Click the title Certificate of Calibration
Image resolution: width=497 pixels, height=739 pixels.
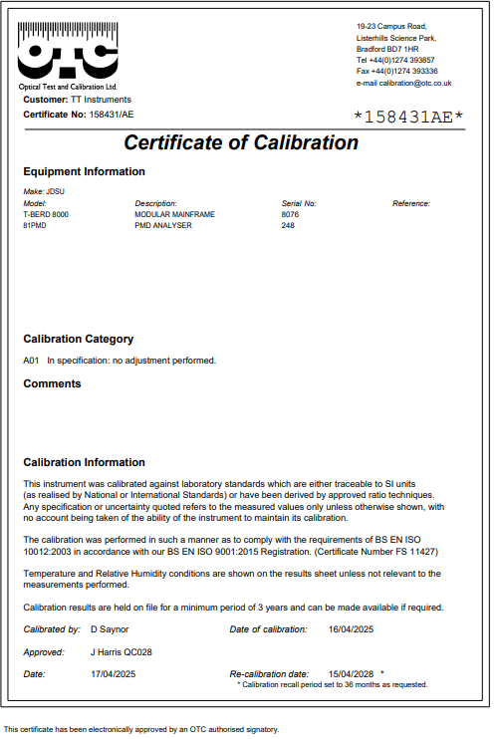[241, 142]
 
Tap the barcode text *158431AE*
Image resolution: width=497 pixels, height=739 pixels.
[409, 118]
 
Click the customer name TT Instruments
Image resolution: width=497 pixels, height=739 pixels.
[101, 100]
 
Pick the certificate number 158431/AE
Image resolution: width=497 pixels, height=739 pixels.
[111, 115]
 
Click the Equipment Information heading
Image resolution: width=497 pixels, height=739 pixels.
[84, 171]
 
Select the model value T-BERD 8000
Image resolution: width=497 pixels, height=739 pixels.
[46, 214]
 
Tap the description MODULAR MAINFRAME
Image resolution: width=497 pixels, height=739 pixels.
[174, 214]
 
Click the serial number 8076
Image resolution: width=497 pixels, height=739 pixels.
[290, 214]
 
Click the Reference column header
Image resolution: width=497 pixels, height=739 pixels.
[410, 203]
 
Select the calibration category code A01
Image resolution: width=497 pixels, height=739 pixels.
[31, 360]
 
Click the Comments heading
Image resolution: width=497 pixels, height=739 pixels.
[52, 383]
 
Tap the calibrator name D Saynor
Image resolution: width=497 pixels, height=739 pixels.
[112, 629]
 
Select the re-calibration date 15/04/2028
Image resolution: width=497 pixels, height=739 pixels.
[350, 673]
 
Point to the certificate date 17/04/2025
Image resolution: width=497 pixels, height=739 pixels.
[112, 673]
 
